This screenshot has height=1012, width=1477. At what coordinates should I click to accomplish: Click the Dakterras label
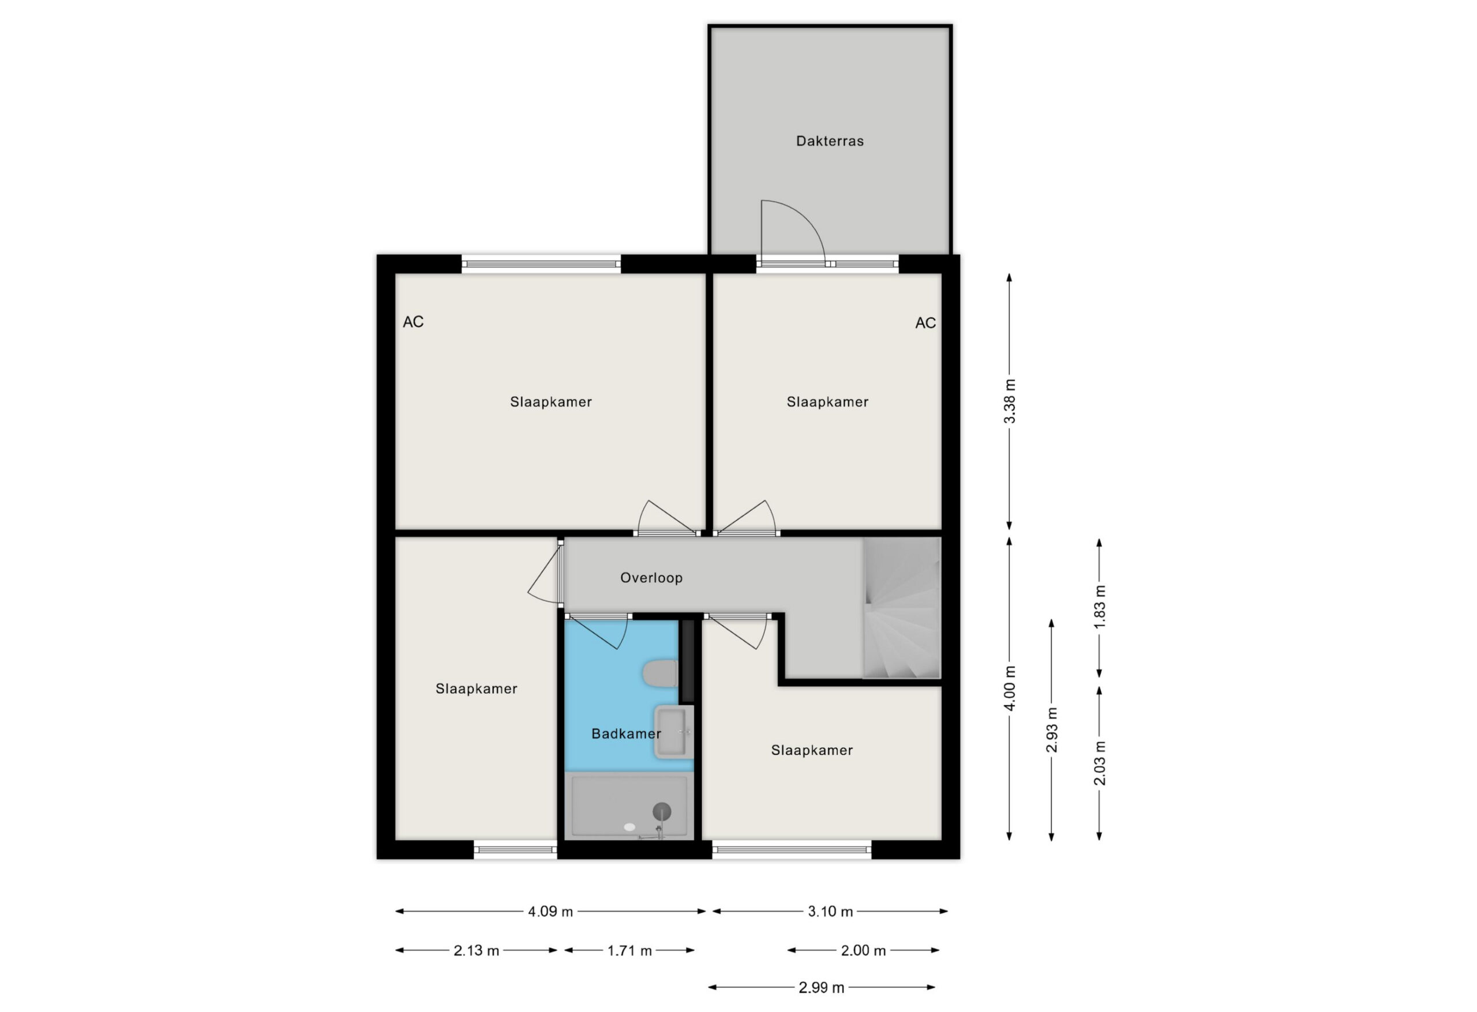click(x=830, y=141)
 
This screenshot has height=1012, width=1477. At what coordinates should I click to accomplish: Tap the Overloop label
click(x=651, y=577)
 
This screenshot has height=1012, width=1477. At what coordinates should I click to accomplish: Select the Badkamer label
click(x=626, y=733)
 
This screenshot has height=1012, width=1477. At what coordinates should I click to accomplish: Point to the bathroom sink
click(x=674, y=732)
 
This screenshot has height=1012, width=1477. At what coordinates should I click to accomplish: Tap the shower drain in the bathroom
click(x=662, y=811)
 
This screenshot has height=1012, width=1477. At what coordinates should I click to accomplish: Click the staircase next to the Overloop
click(x=901, y=608)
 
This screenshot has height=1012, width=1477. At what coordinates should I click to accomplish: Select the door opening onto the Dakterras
click(x=793, y=233)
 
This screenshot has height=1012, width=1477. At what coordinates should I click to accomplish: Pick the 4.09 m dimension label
click(x=550, y=912)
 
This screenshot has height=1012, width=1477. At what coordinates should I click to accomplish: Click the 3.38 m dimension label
click(x=1010, y=401)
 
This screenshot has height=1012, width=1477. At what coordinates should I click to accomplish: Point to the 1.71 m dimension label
click(x=629, y=950)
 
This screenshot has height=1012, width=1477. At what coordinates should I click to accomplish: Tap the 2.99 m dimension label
click(x=821, y=987)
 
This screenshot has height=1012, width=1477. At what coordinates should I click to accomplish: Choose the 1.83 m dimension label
click(x=1100, y=607)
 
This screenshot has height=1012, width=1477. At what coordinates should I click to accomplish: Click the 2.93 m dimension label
click(x=1052, y=730)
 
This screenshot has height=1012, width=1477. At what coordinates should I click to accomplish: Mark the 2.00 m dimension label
click(x=863, y=950)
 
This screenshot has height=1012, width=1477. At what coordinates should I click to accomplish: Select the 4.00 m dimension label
click(x=1010, y=688)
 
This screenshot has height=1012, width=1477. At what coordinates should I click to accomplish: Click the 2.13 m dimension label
click(x=476, y=950)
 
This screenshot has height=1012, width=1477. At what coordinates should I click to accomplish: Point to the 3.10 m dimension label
click(x=830, y=912)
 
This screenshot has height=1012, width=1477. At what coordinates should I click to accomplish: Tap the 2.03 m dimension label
click(x=1100, y=763)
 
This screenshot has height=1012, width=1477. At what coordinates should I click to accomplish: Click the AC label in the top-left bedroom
click(x=413, y=322)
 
